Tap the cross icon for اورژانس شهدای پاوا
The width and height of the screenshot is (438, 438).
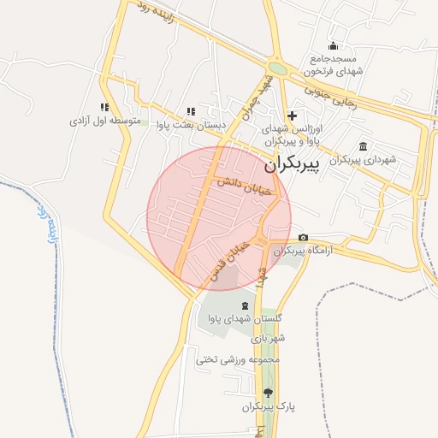pyautogui.click(x=292, y=115)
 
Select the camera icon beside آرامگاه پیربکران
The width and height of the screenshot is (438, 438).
pyautogui.click(x=303, y=238)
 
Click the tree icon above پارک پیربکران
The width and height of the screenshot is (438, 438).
pyautogui.click(x=268, y=393)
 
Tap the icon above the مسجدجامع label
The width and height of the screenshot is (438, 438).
pyautogui.click(x=333, y=46)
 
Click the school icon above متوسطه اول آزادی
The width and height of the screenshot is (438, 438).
pyautogui.click(x=104, y=108)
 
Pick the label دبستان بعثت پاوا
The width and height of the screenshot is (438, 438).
pyautogui.click(x=192, y=125)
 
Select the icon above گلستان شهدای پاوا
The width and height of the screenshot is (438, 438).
pyautogui.click(x=246, y=305)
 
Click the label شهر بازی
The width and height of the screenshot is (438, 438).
pyautogui.click(x=268, y=339)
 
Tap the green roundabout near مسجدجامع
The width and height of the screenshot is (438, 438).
pyautogui.click(x=277, y=68)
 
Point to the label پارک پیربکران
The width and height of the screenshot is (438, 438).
pyautogui.click(x=269, y=407)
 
